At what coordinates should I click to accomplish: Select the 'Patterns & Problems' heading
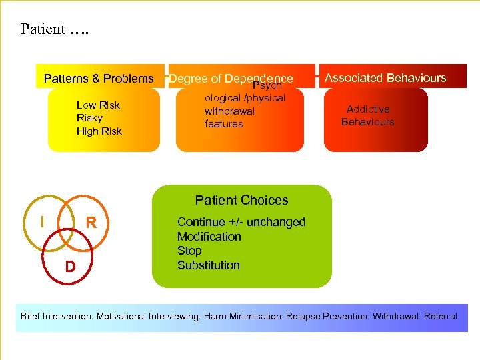point(99,79)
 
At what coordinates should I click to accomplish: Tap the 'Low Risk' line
point(98,105)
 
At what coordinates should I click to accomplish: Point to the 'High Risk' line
point(99,131)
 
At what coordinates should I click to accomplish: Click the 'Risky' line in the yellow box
point(89,118)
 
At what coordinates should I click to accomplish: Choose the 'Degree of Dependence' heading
point(231,79)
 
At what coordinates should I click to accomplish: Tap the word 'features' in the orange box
point(224,124)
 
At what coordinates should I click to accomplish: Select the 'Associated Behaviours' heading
point(385,78)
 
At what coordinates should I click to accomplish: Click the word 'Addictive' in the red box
point(368,109)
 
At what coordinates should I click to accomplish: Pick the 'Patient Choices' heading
point(241,200)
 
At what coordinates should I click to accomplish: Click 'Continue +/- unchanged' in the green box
point(241,222)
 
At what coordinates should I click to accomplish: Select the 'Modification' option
point(209,237)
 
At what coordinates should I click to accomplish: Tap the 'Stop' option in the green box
point(189,251)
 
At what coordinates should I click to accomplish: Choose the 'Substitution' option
point(208,265)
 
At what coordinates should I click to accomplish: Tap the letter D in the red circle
point(69,267)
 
